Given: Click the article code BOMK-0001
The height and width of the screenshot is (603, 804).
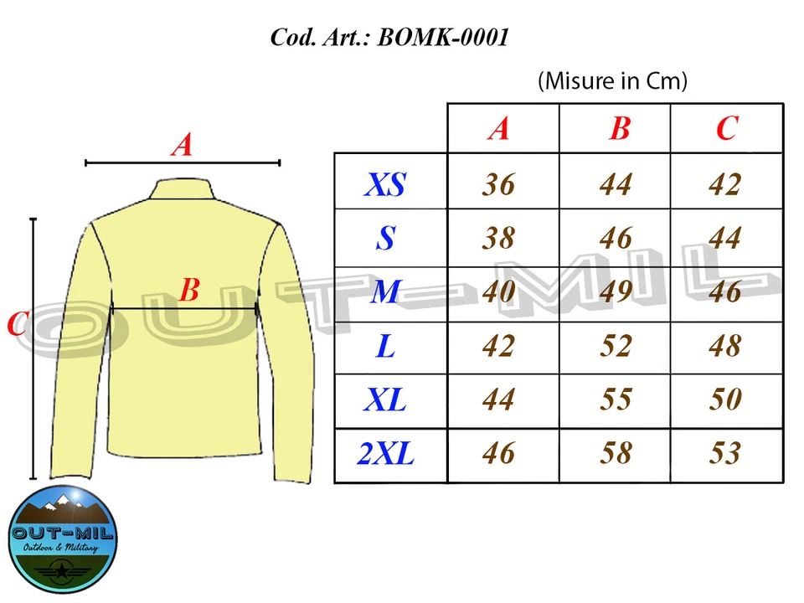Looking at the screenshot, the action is [x=443, y=38].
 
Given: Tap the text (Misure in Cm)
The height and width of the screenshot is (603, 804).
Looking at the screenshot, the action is [x=612, y=81].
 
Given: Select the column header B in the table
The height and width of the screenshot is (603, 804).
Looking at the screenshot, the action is [x=620, y=128].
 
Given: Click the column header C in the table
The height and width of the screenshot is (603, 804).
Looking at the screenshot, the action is [x=726, y=128].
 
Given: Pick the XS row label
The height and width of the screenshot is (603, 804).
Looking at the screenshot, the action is [x=386, y=184].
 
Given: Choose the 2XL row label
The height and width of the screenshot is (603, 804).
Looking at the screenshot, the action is [x=386, y=454].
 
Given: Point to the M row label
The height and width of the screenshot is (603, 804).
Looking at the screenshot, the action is [x=386, y=292].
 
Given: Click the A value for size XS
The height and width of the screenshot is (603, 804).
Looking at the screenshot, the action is [x=498, y=184].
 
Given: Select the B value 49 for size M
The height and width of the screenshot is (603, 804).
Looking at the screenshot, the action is [x=616, y=292].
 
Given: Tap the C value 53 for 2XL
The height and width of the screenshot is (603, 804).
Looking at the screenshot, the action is [x=725, y=454].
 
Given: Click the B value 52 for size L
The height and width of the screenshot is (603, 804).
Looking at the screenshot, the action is [x=616, y=346].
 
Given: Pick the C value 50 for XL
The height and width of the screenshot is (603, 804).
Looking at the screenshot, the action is [x=725, y=399].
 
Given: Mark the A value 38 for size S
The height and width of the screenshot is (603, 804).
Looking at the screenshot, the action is [x=498, y=239].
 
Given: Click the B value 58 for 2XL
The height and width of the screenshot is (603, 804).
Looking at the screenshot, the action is [x=616, y=454].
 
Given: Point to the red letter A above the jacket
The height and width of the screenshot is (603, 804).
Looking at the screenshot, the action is [x=182, y=146].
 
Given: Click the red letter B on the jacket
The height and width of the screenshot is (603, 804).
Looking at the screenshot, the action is [x=189, y=291].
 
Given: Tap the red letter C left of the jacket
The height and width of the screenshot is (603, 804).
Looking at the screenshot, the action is [x=17, y=324].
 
